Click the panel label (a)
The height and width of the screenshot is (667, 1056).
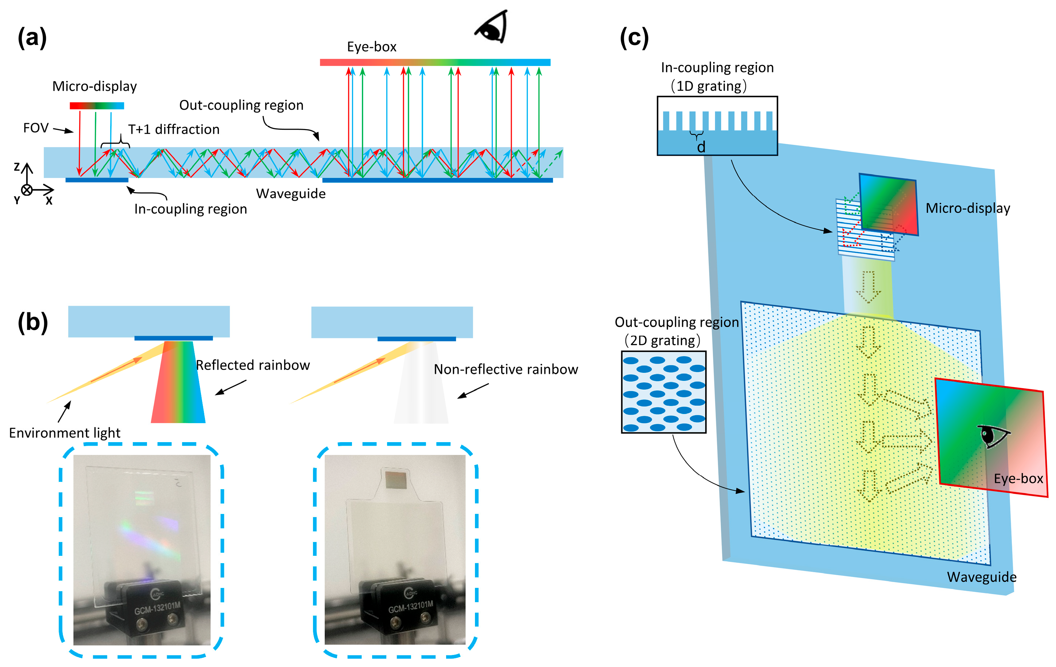click(32, 38)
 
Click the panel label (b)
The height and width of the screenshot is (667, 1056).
click(32, 323)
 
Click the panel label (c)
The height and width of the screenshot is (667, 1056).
click(634, 38)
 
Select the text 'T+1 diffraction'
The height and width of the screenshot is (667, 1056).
click(174, 129)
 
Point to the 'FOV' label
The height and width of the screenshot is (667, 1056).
click(35, 128)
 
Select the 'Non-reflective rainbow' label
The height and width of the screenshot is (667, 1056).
click(505, 370)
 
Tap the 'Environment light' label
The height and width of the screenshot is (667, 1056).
click(65, 433)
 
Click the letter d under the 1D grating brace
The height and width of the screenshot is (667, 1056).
click(701, 147)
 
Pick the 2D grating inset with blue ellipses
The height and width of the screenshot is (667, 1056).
click(664, 392)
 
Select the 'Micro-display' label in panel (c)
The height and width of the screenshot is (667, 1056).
click(967, 208)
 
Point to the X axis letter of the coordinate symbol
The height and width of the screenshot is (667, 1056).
click(49, 201)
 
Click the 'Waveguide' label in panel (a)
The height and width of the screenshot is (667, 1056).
click(291, 194)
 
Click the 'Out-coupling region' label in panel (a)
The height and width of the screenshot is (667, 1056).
click(241, 105)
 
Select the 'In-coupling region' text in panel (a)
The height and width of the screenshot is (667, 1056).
click(190, 209)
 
